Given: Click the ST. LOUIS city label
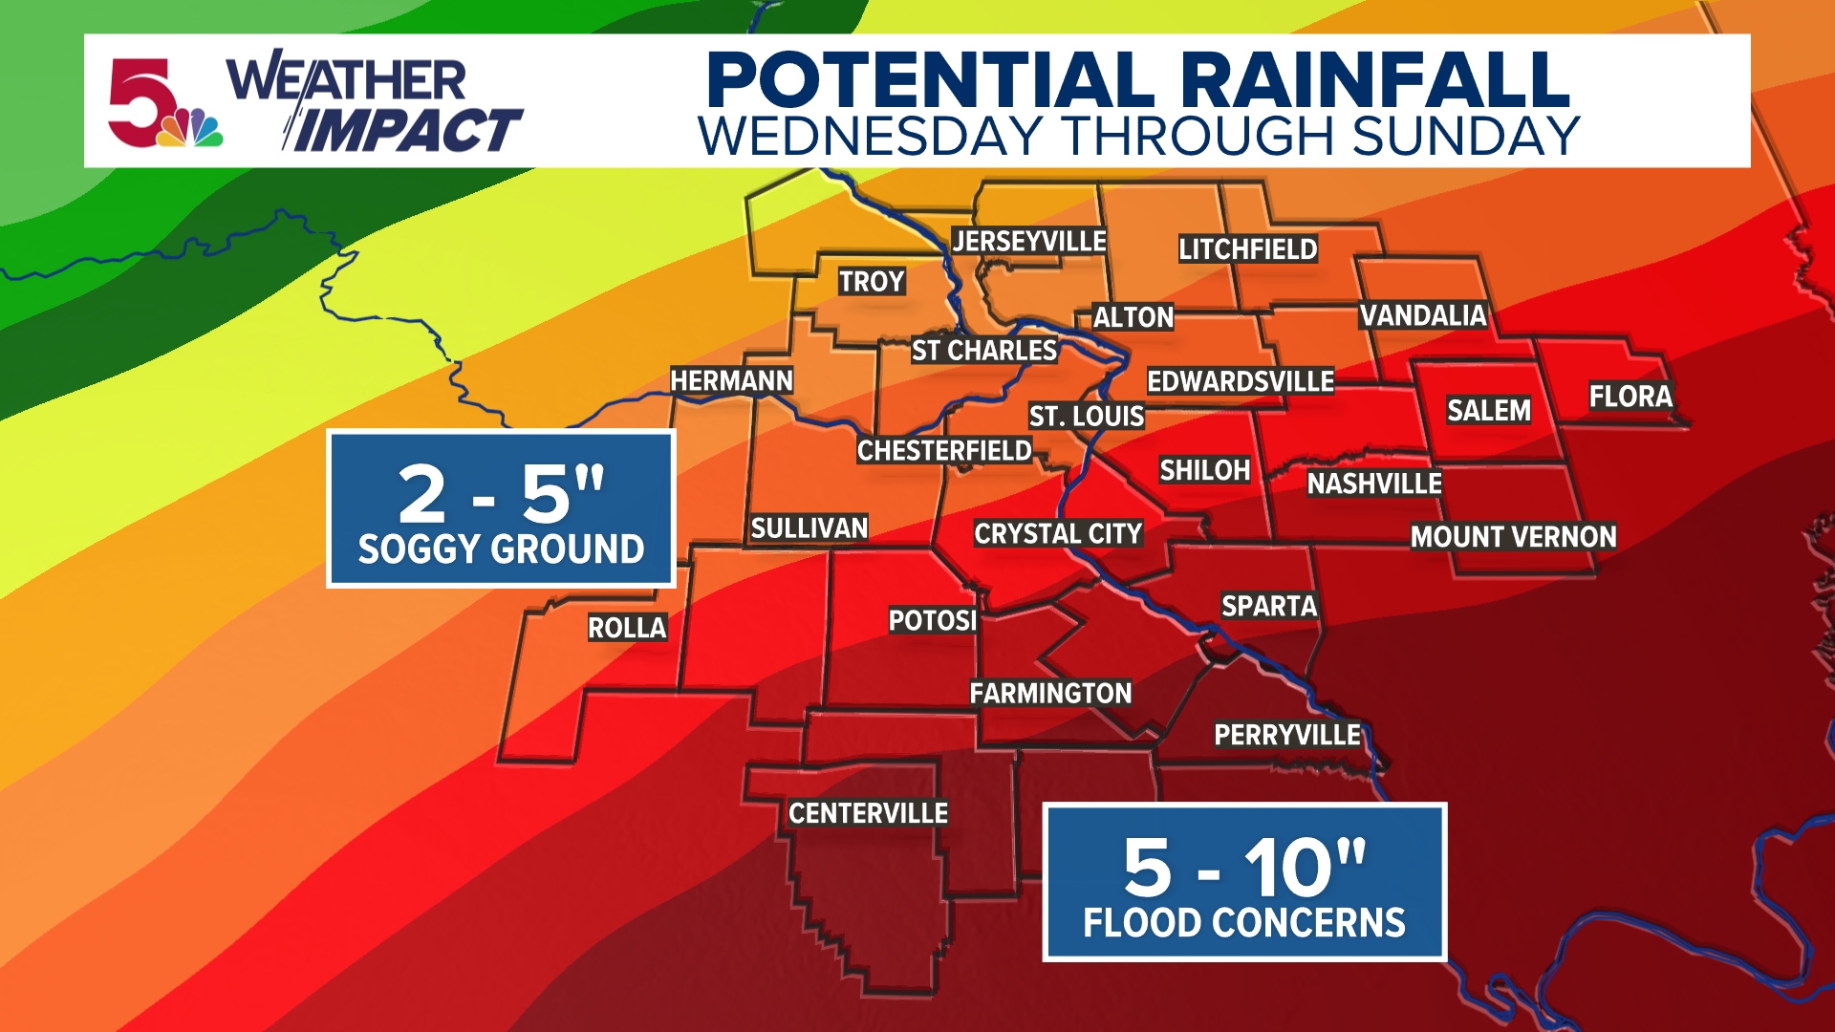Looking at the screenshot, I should pyautogui.click(x=1087, y=417).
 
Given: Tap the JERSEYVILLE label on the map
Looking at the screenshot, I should pyautogui.click(x=1029, y=242).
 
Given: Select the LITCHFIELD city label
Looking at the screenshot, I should pyautogui.click(x=1247, y=249).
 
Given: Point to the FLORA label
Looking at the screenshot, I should pyautogui.click(x=1630, y=397).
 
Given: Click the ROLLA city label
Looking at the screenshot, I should pyautogui.click(x=627, y=628).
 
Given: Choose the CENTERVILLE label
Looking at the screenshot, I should pyautogui.click(x=868, y=813).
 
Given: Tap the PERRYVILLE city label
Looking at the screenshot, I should pyautogui.click(x=1286, y=735).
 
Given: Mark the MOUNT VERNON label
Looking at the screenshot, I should pyautogui.click(x=1513, y=537).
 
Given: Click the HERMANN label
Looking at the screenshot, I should pyautogui.click(x=731, y=381).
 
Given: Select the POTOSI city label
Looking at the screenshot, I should pyautogui.click(x=933, y=621).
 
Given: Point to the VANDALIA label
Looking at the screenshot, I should pyautogui.click(x=1423, y=315).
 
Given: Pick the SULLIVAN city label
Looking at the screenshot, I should pyautogui.click(x=810, y=528).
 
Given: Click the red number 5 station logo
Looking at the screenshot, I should pyautogui.click(x=140, y=101).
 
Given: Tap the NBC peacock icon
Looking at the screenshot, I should pyautogui.click(x=194, y=129).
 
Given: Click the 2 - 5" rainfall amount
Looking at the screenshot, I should pyautogui.click(x=501, y=493).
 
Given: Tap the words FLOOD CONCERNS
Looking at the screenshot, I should pyautogui.click(x=1244, y=923).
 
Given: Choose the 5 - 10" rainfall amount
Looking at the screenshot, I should pyautogui.click(x=1244, y=866).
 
